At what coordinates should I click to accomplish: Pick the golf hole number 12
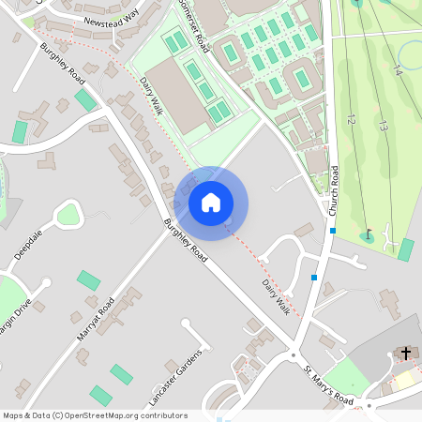pos(351,119)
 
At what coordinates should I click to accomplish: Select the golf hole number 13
pos(384,125)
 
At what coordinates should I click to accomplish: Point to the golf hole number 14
pos(398,70)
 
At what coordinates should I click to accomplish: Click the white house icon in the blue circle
pos(211,203)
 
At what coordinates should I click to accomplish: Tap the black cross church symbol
pos(406,353)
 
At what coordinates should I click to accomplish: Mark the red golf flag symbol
pos(369,234)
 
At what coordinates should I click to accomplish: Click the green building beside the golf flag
pos(405,249)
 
